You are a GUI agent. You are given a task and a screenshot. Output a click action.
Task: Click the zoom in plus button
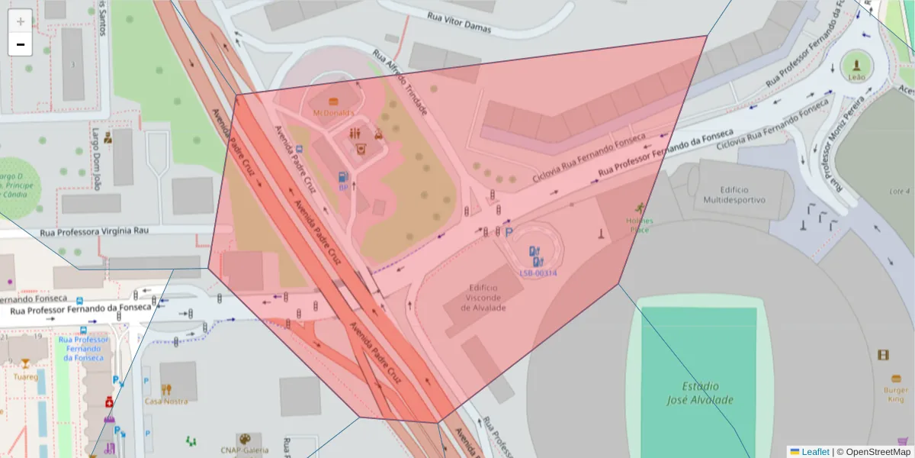[21, 21]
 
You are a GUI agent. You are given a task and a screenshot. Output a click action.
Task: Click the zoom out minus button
[21, 44]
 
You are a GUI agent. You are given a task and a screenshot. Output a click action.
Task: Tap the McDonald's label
[333, 112]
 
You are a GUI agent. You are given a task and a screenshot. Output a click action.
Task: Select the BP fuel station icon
[343, 177]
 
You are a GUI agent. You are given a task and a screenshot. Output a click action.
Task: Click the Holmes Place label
[639, 224]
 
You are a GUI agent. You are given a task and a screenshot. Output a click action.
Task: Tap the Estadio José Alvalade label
[699, 393]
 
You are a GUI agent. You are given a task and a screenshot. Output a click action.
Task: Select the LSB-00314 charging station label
[538, 273]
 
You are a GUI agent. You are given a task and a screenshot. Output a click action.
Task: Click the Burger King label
[897, 394]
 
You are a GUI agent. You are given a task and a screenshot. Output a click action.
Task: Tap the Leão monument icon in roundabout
[857, 64]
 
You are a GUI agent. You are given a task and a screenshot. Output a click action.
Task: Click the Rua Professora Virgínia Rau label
[94, 230]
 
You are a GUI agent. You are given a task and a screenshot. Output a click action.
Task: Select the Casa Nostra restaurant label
[166, 401]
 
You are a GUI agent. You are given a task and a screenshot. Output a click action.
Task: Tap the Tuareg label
[25, 376]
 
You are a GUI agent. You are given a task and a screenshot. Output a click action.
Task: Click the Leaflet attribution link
[814, 452]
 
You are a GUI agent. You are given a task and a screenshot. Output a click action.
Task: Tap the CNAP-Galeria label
[243, 450]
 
